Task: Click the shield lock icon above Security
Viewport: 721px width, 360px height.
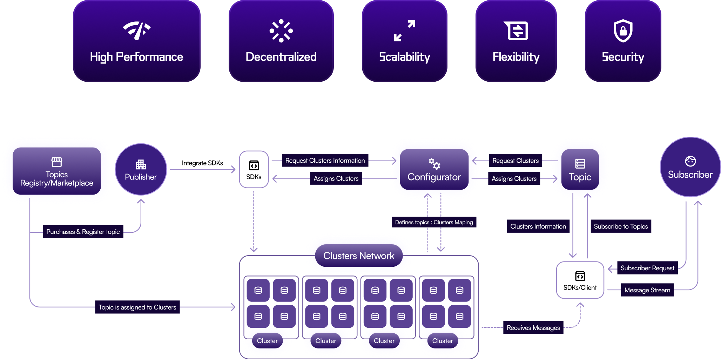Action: click(x=623, y=31)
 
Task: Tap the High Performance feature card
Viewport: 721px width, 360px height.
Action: click(x=137, y=41)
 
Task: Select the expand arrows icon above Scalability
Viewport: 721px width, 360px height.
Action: click(x=405, y=31)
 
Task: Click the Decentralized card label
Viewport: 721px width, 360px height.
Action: click(x=281, y=57)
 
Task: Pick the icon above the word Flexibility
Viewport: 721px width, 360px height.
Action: click(x=516, y=31)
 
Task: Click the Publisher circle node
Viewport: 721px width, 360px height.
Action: click(x=141, y=170)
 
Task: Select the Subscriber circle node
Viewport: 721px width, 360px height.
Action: click(x=690, y=167)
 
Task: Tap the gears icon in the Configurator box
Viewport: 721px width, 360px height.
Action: click(x=434, y=163)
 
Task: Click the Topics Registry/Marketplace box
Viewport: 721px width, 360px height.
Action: click(x=57, y=171)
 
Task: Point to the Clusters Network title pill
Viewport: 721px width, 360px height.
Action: click(x=359, y=256)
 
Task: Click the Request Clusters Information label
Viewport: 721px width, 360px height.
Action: click(x=325, y=161)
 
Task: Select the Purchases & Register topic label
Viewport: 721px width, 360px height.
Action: click(x=83, y=232)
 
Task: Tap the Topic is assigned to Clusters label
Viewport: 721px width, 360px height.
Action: click(x=137, y=307)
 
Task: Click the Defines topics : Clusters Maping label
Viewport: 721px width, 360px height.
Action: click(x=434, y=222)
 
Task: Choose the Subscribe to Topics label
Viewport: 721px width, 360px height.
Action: click(x=621, y=226)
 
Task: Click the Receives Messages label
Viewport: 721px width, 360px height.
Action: click(x=533, y=328)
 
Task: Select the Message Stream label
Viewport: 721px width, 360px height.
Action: click(x=647, y=290)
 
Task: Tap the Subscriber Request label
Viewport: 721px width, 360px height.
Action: click(x=647, y=268)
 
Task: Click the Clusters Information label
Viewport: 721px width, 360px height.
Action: click(x=538, y=226)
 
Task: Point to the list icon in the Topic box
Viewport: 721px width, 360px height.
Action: click(x=580, y=164)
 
